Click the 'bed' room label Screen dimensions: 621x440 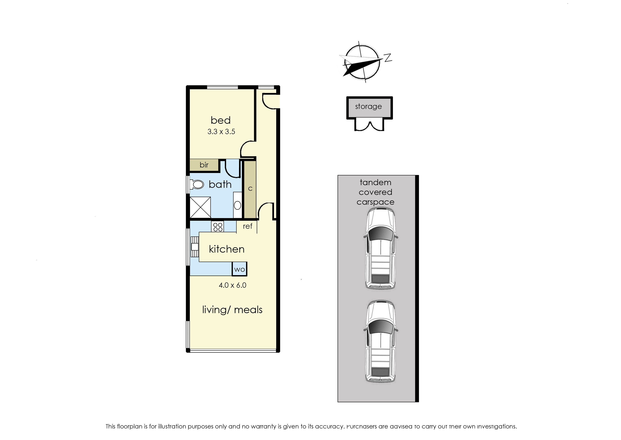pyautogui.click(x=221, y=120)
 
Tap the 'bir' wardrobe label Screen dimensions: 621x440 pyautogui.click(x=204, y=165)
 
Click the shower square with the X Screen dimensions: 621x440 pyautogui.click(x=200, y=207)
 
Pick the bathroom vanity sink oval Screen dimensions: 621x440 pyautogui.click(x=237, y=205)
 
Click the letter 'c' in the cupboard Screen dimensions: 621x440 pyautogui.click(x=250, y=189)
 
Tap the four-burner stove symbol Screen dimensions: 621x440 pyautogui.click(x=218, y=227)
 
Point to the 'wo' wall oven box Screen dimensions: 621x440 pyautogui.click(x=239, y=269)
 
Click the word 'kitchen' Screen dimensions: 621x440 pyautogui.click(x=227, y=249)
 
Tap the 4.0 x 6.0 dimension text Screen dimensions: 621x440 pyautogui.click(x=232, y=285)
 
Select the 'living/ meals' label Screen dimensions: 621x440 pyautogui.click(x=232, y=310)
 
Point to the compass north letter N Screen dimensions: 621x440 pyautogui.click(x=388, y=57)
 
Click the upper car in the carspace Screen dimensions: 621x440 pyautogui.click(x=380, y=248)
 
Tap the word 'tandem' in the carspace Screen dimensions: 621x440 pyautogui.click(x=375, y=182)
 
